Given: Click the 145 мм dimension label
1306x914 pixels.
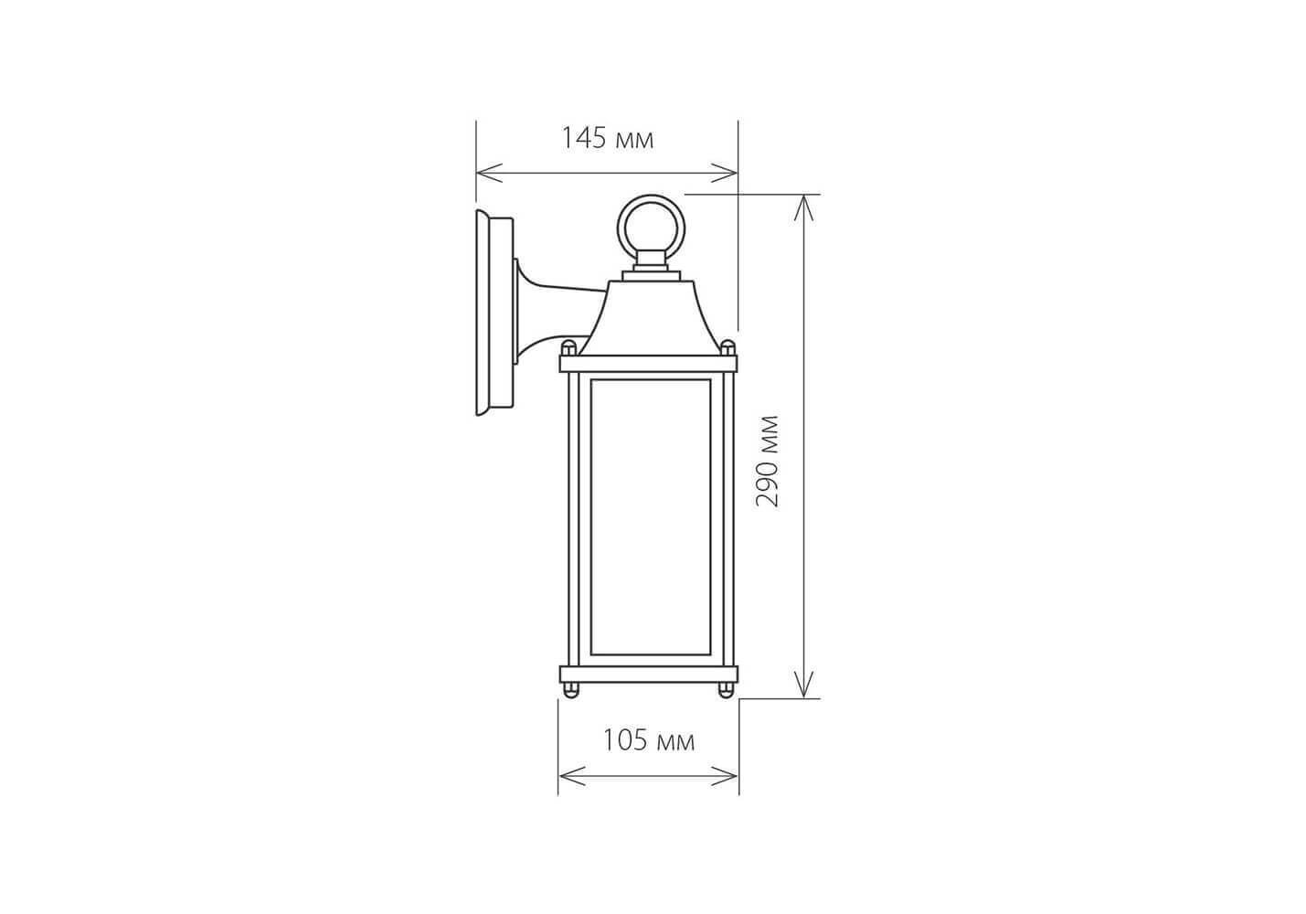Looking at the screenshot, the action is [x=607, y=139].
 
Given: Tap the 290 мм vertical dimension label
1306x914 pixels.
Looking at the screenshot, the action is [x=767, y=461].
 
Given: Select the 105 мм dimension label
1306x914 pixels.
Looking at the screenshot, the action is [x=648, y=740].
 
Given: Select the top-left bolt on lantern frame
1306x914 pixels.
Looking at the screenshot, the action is [x=568, y=348].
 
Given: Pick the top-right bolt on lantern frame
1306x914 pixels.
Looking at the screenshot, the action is [x=727, y=348].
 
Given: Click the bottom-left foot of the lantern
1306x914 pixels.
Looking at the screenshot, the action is [x=570, y=690].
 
